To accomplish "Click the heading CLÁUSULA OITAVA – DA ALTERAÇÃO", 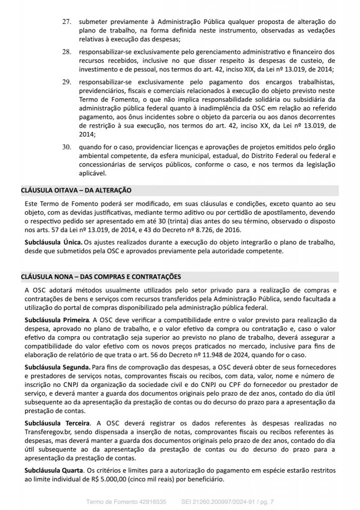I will click(x=75, y=190).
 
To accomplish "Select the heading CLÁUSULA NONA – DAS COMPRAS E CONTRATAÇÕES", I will click(x=101, y=276).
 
